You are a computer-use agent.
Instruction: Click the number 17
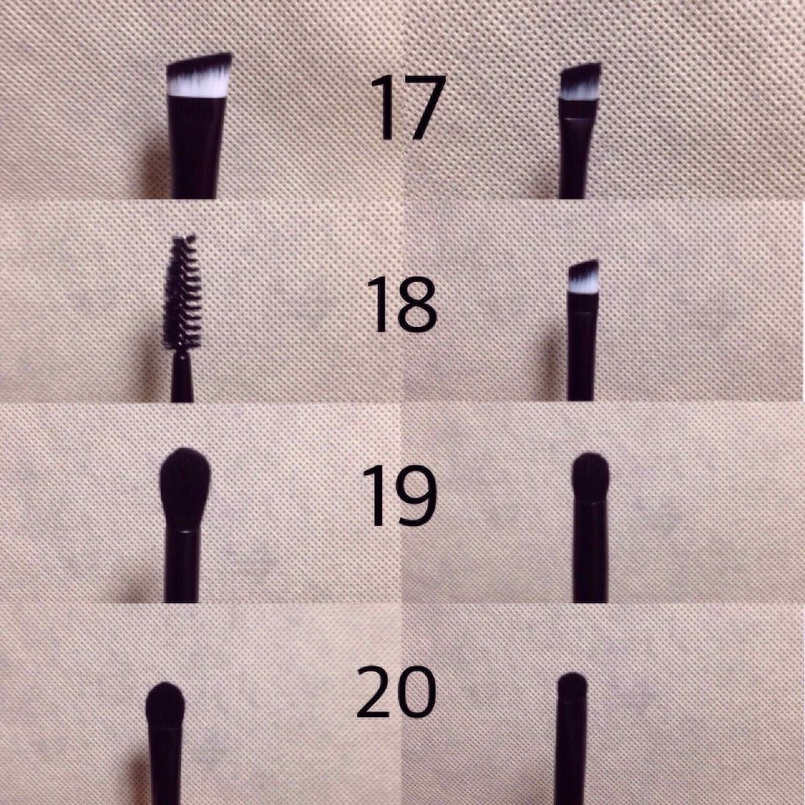tap(407, 108)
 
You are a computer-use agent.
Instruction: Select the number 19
tap(399, 496)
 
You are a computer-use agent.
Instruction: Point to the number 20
tap(395, 693)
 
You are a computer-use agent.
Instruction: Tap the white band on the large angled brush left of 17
tap(198, 86)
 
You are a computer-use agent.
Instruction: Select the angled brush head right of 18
tap(583, 278)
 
